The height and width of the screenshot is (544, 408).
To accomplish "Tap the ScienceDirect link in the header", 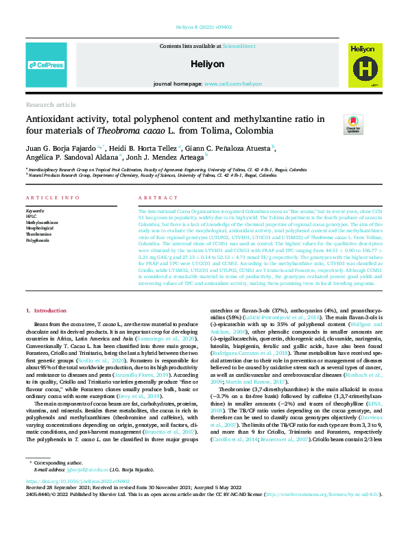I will coord(239,46).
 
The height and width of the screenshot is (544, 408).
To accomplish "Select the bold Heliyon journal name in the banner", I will coord(204,63).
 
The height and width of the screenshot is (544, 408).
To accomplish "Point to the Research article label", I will coord(51,105).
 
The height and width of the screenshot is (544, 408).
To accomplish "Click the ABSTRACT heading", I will coord(153,198).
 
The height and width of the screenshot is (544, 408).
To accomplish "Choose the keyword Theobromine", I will coord(38,234).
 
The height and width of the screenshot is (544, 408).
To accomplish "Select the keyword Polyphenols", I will coord(38,240).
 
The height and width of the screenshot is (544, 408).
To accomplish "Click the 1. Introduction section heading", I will coord(48,311).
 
